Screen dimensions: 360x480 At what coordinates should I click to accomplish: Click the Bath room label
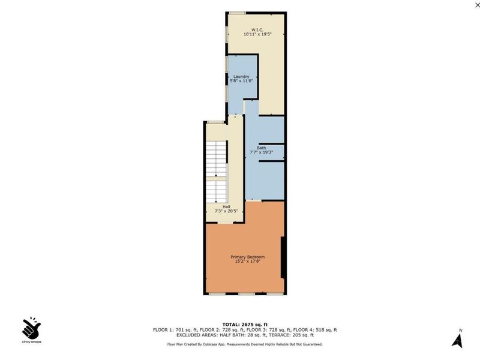pos(261,147)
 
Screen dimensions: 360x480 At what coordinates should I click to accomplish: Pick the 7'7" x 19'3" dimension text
pos(261,152)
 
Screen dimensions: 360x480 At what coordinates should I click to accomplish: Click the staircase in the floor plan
pos(215,162)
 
